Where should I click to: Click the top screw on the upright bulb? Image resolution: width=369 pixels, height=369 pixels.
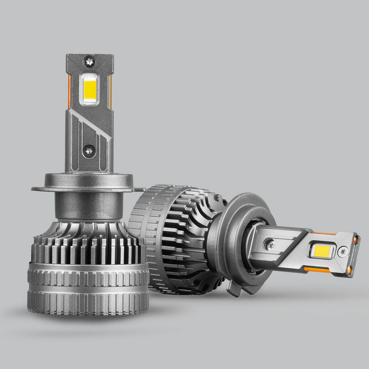pyautogui.click(x=90, y=61)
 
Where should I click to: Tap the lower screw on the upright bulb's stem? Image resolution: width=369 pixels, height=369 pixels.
pyautogui.click(x=89, y=150)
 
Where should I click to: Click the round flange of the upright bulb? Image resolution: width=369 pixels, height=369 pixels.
pyautogui.click(x=89, y=183)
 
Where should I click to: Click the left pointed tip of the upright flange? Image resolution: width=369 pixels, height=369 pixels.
pyautogui.click(x=34, y=189)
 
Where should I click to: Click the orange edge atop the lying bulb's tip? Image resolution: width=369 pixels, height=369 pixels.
pyautogui.click(x=325, y=233)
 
